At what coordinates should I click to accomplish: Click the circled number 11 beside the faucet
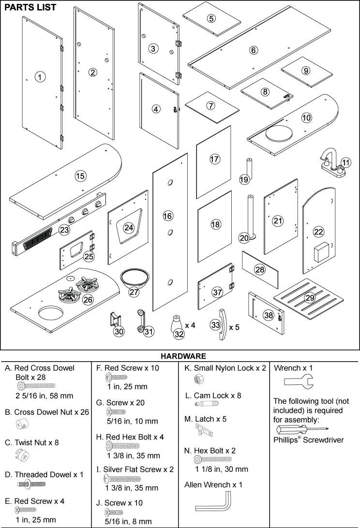tap(345, 162)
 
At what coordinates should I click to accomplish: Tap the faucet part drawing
tap(332, 165)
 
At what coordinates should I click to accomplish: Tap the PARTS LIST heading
tap(30, 7)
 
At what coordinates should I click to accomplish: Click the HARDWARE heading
tap(180, 356)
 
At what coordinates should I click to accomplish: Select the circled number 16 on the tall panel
tap(167, 216)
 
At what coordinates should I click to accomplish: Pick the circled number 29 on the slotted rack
tap(310, 297)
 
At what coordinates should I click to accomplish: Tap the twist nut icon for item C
tap(22, 455)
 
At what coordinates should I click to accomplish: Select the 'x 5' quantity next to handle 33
tap(234, 327)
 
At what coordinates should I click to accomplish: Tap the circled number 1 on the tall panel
tap(41, 76)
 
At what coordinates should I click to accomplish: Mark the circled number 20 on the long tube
tap(244, 237)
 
